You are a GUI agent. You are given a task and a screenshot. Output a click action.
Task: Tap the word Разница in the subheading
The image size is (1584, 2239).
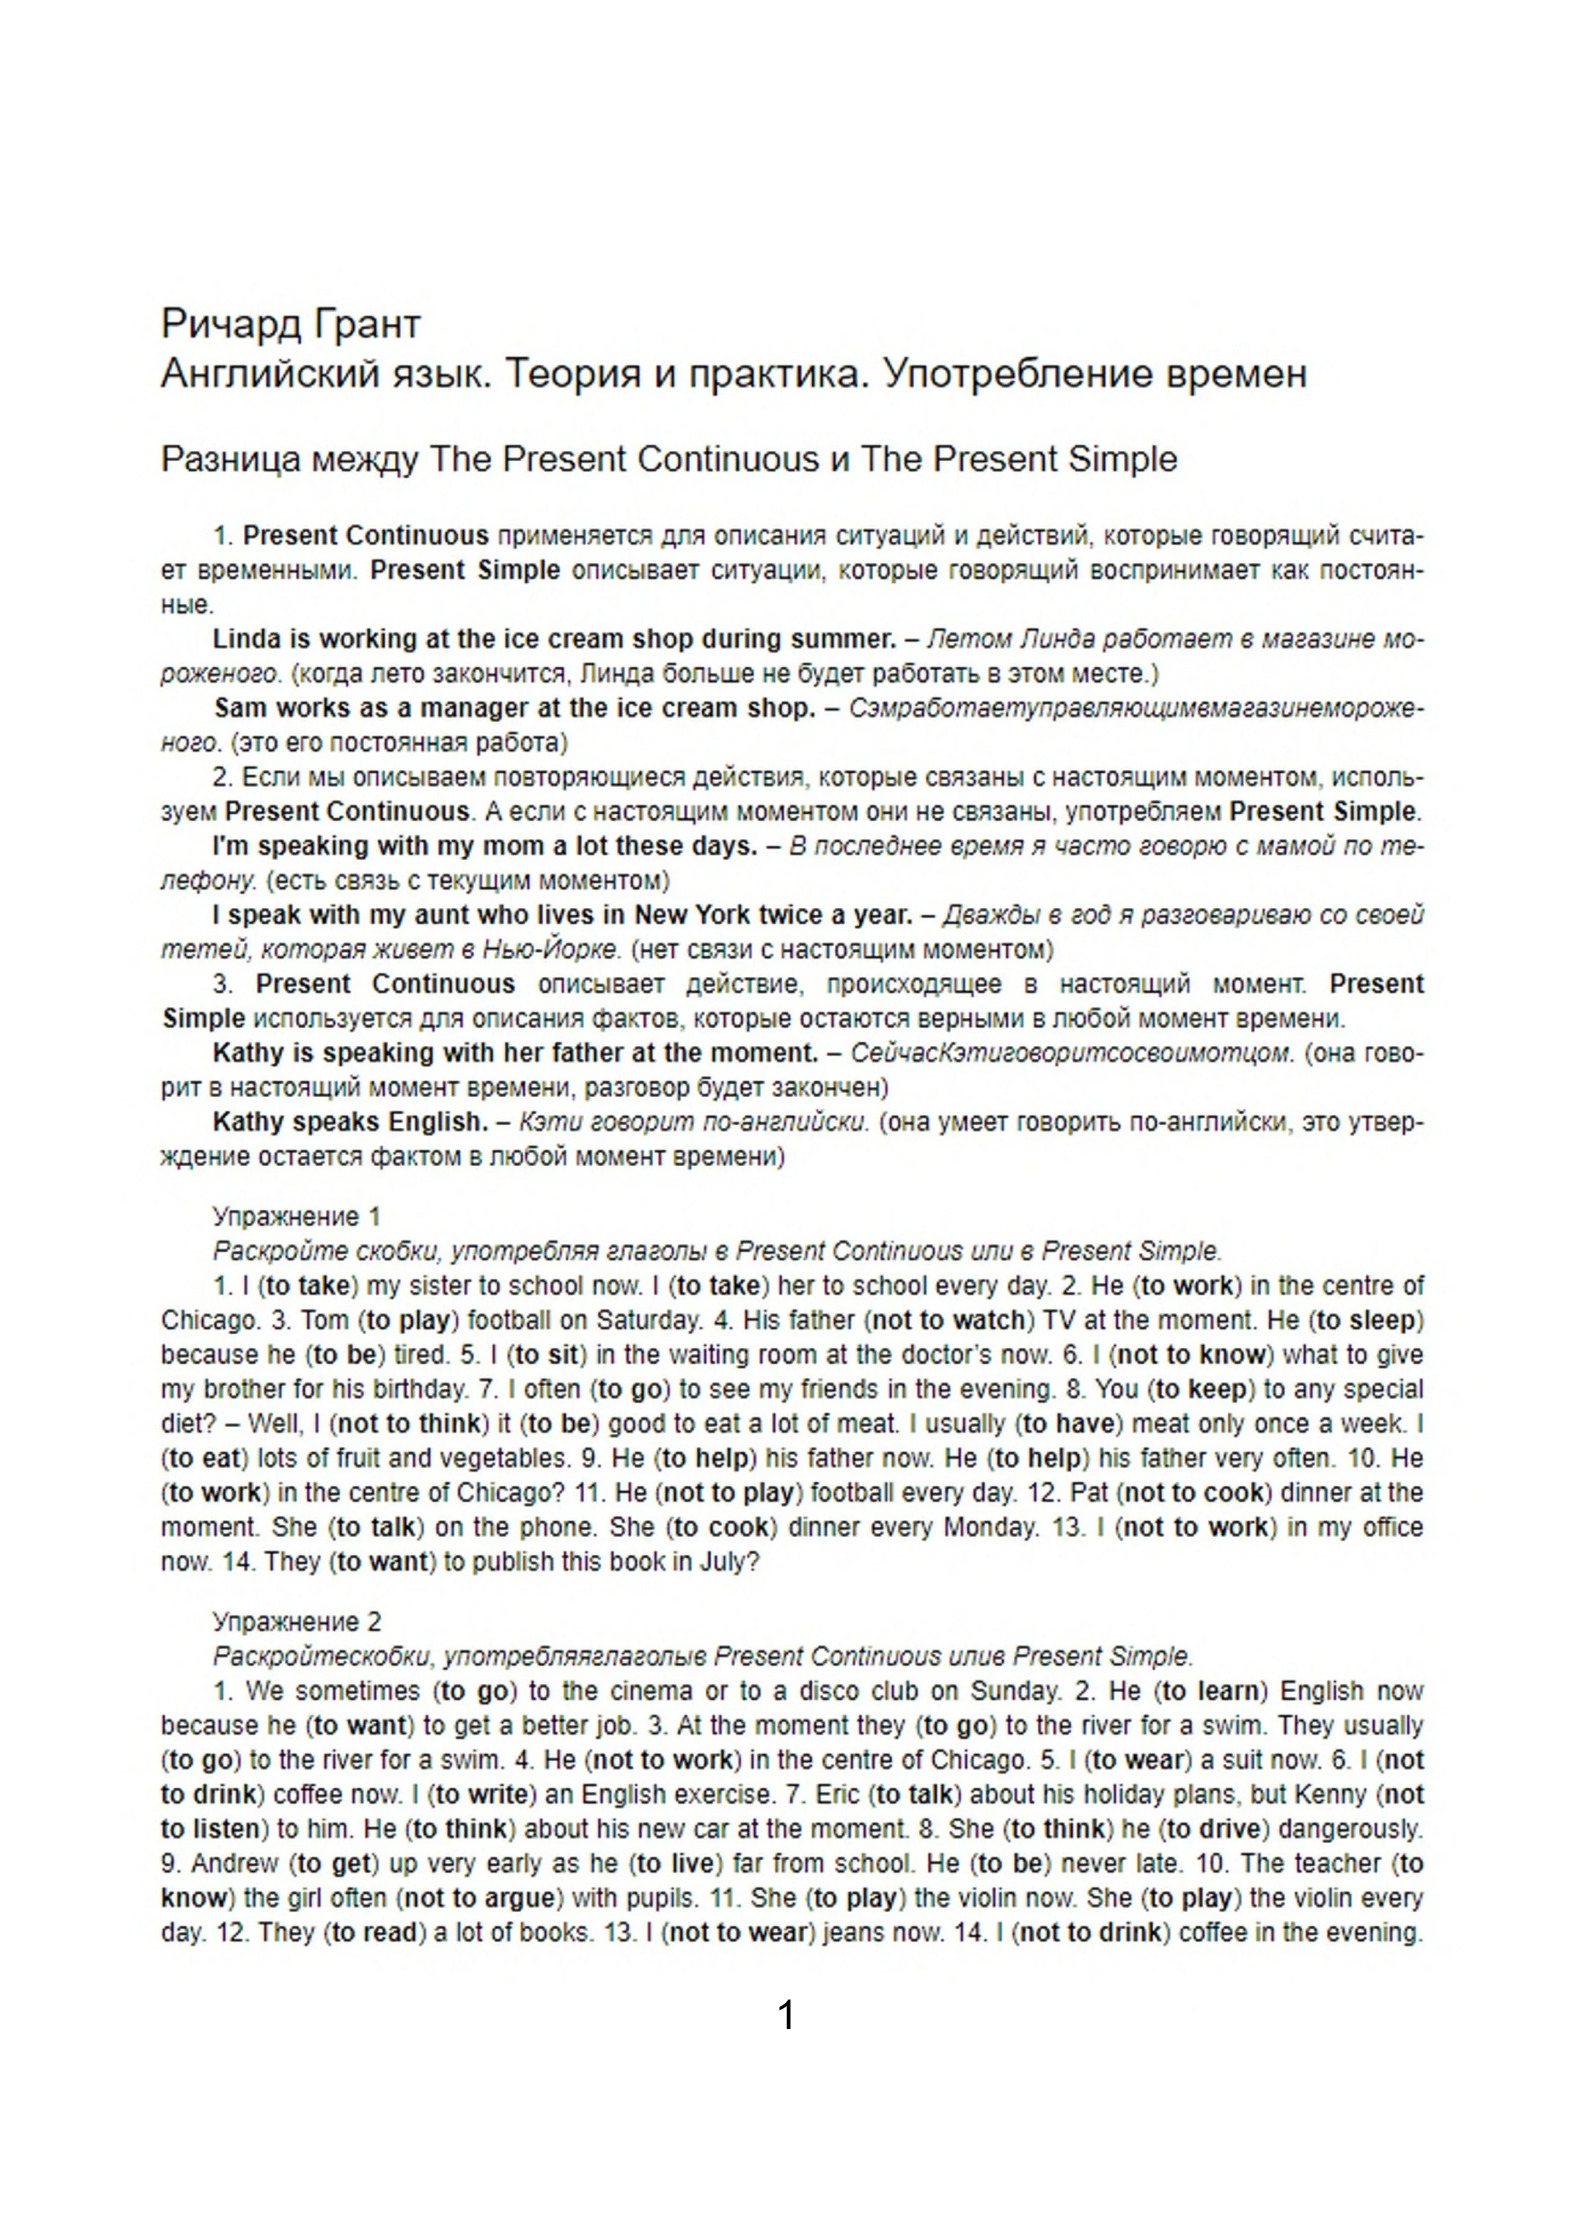point(230,459)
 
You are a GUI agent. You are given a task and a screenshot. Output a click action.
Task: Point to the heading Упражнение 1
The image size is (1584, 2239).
point(296,1216)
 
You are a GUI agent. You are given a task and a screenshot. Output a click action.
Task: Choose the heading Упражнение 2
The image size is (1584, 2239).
point(296,1622)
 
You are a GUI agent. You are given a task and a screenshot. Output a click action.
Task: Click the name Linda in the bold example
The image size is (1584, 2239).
point(246,640)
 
